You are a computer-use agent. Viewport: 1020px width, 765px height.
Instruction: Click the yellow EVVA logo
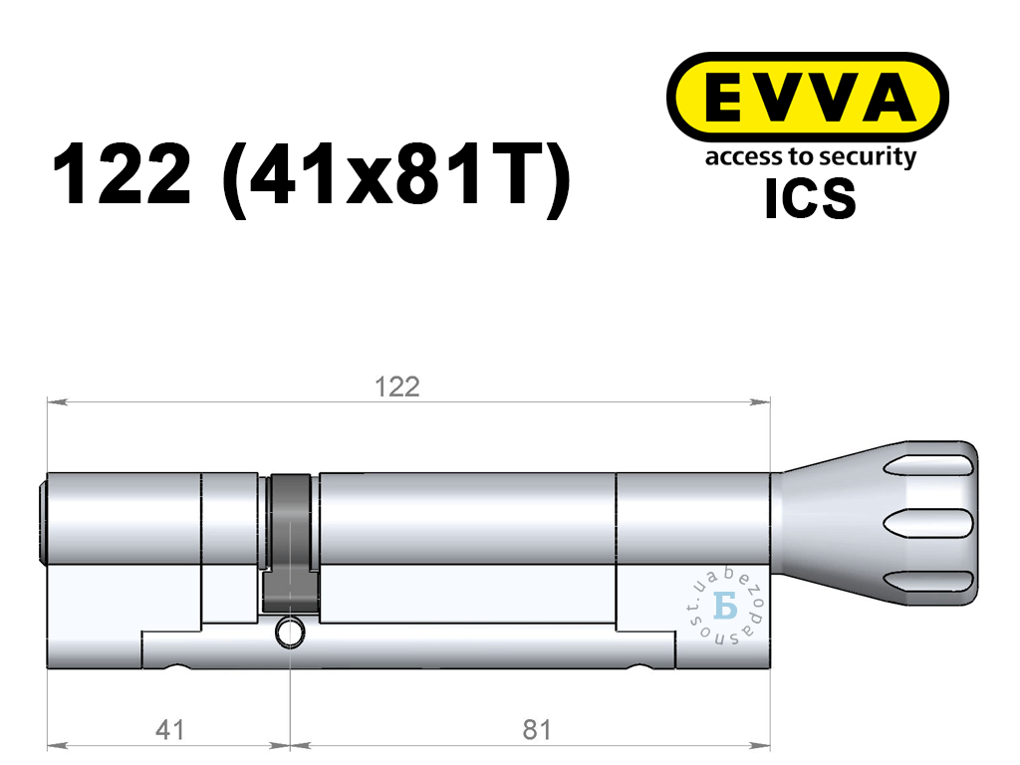click(807, 97)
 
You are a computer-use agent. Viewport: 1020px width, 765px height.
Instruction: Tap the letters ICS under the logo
click(810, 199)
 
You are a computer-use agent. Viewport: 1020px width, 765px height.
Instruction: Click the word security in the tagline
click(868, 158)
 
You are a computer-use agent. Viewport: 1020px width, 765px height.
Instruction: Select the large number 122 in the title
click(122, 174)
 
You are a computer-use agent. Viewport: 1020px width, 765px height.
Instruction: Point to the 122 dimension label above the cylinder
click(397, 387)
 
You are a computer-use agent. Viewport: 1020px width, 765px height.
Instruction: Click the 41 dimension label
click(169, 730)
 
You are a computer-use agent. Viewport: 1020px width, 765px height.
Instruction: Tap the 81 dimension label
click(537, 730)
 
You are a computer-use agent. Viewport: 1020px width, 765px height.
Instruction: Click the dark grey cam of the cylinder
click(290, 544)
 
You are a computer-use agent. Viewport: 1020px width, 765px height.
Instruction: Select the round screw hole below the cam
click(290, 633)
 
